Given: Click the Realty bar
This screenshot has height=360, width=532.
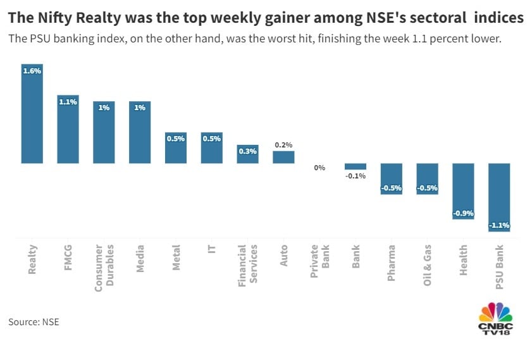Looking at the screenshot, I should (32, 114).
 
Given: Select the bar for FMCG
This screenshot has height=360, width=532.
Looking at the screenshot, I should (68, 129).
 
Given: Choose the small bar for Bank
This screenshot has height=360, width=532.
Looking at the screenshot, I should (356, 166).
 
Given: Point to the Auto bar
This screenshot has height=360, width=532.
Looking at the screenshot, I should (283, 157).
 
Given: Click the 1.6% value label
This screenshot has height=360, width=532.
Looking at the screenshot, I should (32, 71).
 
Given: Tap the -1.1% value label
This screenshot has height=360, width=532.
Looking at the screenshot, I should (499, 225).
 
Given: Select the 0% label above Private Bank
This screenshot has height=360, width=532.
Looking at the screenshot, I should (319, 168).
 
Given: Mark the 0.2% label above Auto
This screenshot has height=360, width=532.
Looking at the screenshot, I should (283, 145).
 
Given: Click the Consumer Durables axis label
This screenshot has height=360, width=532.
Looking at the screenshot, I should (104, 268).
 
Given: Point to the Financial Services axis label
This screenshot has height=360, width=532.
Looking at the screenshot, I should (247, 266).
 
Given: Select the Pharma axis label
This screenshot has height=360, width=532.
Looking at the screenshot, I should (392, 263).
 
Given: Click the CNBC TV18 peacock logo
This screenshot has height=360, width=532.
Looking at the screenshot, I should (496, 312).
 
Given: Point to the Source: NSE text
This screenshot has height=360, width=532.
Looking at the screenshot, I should (34, 322).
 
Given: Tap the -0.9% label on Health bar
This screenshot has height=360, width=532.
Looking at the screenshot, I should (463, 213).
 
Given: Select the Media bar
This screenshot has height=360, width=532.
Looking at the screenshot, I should (140, 132).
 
